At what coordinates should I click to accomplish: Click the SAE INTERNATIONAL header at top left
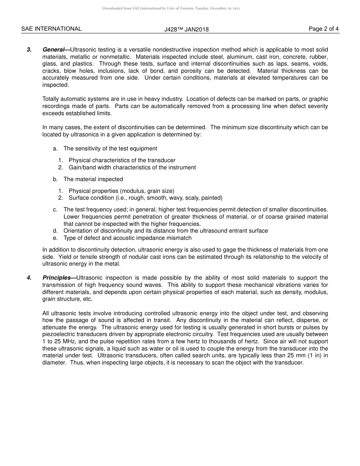coord(51,29)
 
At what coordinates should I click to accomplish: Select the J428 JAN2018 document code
coord(186,30)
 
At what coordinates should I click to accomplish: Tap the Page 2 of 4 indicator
coord(324,29)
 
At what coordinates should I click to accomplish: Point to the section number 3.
coord(29,50)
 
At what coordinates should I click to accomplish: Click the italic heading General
coord(53,50)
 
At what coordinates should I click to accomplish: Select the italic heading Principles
coord(56,278)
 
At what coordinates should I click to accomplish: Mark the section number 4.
coord(29,278)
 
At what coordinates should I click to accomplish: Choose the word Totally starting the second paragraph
coord(51,99)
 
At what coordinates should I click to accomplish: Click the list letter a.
coord(55,149)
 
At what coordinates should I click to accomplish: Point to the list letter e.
coord(55,238)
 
